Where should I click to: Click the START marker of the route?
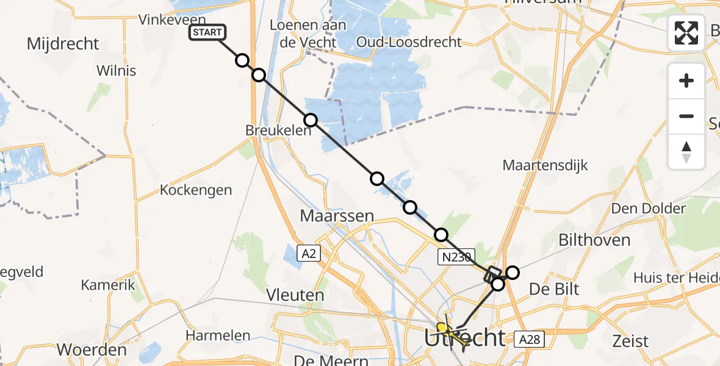pyautogui.click(x=207, y=33)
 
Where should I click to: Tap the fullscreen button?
pyautogui.click(x=686, y=33)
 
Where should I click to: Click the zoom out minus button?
pyautogui.click(x=686, y=116)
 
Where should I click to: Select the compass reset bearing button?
pyautogui.click(x=686, y=152)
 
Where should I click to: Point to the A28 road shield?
pyautogui.click(x=528, y=339)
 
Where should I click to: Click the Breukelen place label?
pyautogui.click(x=270, y=131)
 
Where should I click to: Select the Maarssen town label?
pyautogui.click(x=337, y=215)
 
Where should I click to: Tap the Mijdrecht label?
pyautogui.click(x=63, y=44)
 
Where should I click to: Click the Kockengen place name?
pyautogui.click(x=196, y=190)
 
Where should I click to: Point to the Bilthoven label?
pyautogui.click(x=595, y=240)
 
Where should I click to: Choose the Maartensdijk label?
pyautogui.click(x=545, y=165)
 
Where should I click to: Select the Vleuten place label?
pyautogui.click(x=295, y=295)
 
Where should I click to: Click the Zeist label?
pyautogui.click(x=632, y=340)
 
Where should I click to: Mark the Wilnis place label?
pyautogui.click(x=117, y=71)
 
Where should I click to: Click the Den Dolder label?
pyautogui.click(x=649, y=209)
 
